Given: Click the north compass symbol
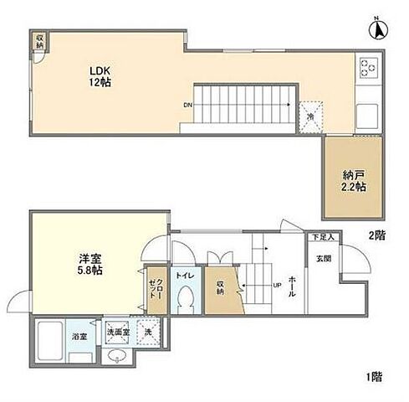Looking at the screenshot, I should [377, 30].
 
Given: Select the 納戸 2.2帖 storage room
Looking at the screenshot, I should [353, 181].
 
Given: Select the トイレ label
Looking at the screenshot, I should [184, 274].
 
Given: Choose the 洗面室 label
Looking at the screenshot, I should [117, 332].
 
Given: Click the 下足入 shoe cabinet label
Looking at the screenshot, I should [323, 238].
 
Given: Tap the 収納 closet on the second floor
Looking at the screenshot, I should [40, 39].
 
